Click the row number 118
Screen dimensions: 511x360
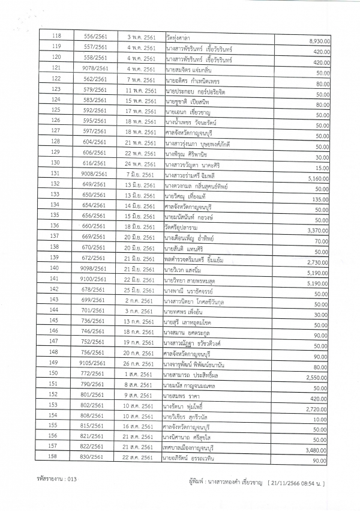point(58,37)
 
